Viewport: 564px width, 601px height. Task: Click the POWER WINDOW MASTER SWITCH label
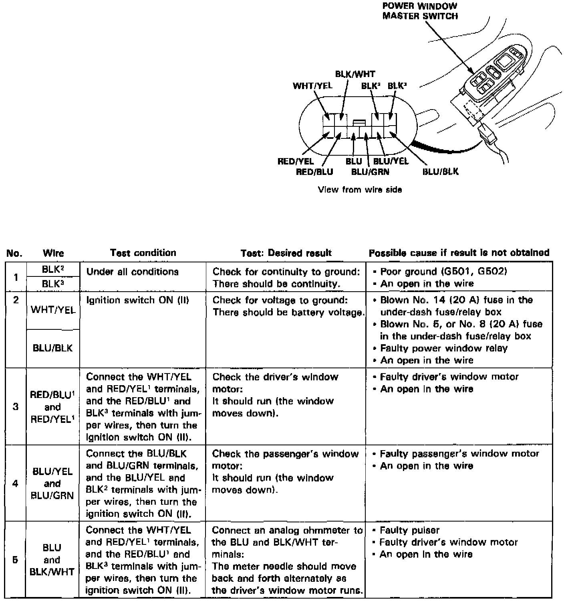pos(420,11)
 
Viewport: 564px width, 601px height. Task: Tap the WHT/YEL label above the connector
pos(312,86)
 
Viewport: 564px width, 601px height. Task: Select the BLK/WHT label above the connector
pos(355,74)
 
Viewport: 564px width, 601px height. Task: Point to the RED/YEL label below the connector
pos(296,161)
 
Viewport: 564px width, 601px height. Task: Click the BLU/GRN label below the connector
pos(370,172)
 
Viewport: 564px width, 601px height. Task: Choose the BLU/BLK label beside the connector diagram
pos(441,172)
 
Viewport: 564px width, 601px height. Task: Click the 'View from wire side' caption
pos(360,189)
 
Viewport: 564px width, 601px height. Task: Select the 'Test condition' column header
pos(143,253)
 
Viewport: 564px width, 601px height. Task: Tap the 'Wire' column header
pos(53,253)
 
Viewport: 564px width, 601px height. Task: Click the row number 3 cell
pos(16,406)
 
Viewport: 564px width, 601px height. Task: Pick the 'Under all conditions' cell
pos(132,272)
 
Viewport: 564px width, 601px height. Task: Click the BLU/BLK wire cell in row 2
pos(53,348)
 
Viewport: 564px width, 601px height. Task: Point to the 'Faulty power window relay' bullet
pos(443,348)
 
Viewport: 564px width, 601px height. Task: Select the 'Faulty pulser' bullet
pos(409,530)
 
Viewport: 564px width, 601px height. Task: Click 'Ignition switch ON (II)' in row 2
pos(137,300)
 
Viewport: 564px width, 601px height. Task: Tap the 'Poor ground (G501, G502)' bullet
pos(443,272)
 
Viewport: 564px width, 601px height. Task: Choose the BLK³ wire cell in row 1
pos(53,284)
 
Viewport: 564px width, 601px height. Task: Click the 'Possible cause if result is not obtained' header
pos(459,253)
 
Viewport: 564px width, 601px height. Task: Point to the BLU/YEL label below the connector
pos(391,161)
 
